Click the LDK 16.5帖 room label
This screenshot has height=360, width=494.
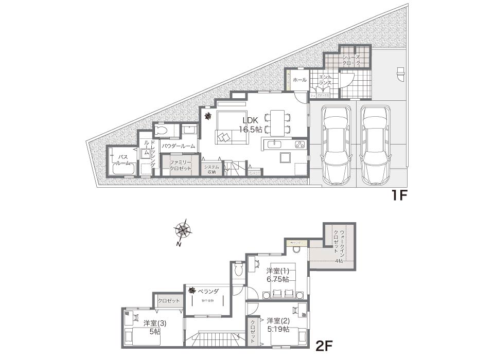coord(251,125)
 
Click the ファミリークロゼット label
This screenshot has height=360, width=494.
coord(181,165)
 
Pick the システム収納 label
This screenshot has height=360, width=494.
coord(211,169)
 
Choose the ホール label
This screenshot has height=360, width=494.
coord(299,80)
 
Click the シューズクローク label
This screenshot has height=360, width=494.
coord(355,60)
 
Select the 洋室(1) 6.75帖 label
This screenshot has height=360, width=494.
coord(278,275)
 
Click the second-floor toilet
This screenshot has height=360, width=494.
coord(238,269)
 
